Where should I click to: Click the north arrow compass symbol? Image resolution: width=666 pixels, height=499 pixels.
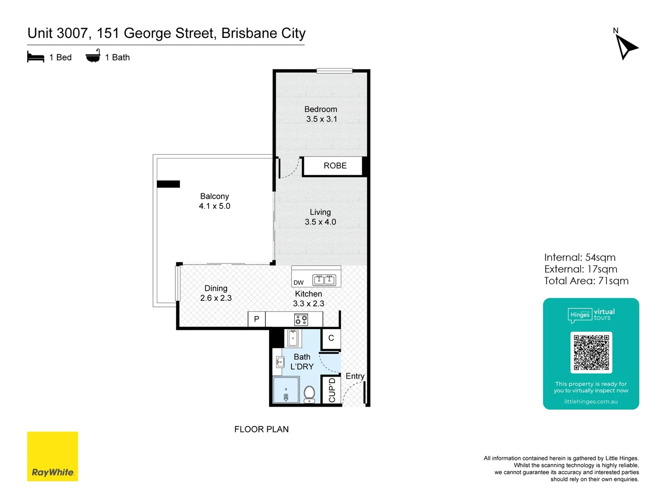tap(626, 47)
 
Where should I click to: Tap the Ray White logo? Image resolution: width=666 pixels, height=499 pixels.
tap(52, 456)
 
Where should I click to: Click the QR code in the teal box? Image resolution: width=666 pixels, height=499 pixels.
tap(591, 352)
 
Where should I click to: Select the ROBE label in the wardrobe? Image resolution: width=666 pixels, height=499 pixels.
tap(335, 166)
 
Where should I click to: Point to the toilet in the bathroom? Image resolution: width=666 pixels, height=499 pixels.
tap(309, 394)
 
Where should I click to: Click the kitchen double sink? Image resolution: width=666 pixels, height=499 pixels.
tap(324, 280)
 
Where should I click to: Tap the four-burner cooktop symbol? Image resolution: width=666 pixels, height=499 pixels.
tap(302, 319)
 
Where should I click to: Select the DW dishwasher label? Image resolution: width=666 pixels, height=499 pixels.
tap(299, 283)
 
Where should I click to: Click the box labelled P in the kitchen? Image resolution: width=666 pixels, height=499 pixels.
tap(257, 319)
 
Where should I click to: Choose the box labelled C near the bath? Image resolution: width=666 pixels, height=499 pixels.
tap(331, 338)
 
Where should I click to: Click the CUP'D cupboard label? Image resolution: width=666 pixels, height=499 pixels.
tap(332, 390)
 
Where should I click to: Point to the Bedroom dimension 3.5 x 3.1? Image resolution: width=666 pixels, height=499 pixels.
tap(321, 119)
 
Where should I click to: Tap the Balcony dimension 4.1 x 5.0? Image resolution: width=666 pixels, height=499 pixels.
tap(215, 206)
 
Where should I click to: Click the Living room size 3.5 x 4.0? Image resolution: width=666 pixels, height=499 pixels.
tap(321, 222)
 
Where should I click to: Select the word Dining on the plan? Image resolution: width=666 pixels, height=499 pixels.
tap(216, 288)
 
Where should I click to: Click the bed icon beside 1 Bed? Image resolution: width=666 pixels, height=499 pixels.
tap(36, 57)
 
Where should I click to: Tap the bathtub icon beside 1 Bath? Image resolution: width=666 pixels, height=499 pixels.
tap(93, 56)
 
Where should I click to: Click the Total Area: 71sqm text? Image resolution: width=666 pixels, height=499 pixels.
tap(586, 281)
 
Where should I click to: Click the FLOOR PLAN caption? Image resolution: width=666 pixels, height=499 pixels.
tap(261, 429)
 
